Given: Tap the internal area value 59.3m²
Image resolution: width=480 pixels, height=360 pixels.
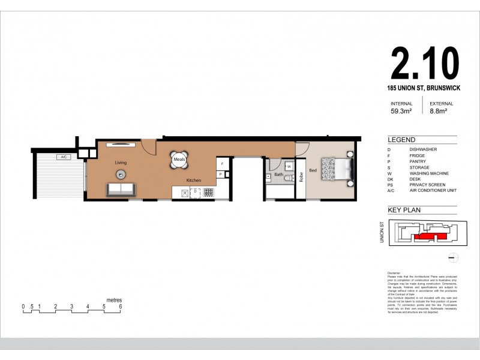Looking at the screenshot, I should [x=401, y=110].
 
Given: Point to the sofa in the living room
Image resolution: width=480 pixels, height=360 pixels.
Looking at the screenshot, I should [x=121, y=190].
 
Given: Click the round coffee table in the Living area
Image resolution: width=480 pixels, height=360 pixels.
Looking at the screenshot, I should [x=121, y=174].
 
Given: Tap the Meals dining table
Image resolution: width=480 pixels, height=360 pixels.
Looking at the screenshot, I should [x=179, y=160].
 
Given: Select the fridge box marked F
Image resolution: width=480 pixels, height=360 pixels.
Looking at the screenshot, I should [x=222, y=163].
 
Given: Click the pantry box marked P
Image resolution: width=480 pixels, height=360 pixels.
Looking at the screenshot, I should [x=221, y=174].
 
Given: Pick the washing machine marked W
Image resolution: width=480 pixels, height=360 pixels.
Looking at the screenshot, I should [x=289, y=166].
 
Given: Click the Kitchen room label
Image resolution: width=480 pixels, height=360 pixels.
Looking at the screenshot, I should [x=193, y=180].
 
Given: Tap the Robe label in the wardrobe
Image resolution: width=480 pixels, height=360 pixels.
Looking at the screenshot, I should [x=301, y=177].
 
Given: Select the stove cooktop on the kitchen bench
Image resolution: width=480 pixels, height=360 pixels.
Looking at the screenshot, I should [x=209, y=192].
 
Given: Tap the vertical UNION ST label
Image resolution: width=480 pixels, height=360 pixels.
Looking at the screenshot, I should [x=382, y=232].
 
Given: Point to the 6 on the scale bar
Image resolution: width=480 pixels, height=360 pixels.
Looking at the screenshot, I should [x=121, y=306].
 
